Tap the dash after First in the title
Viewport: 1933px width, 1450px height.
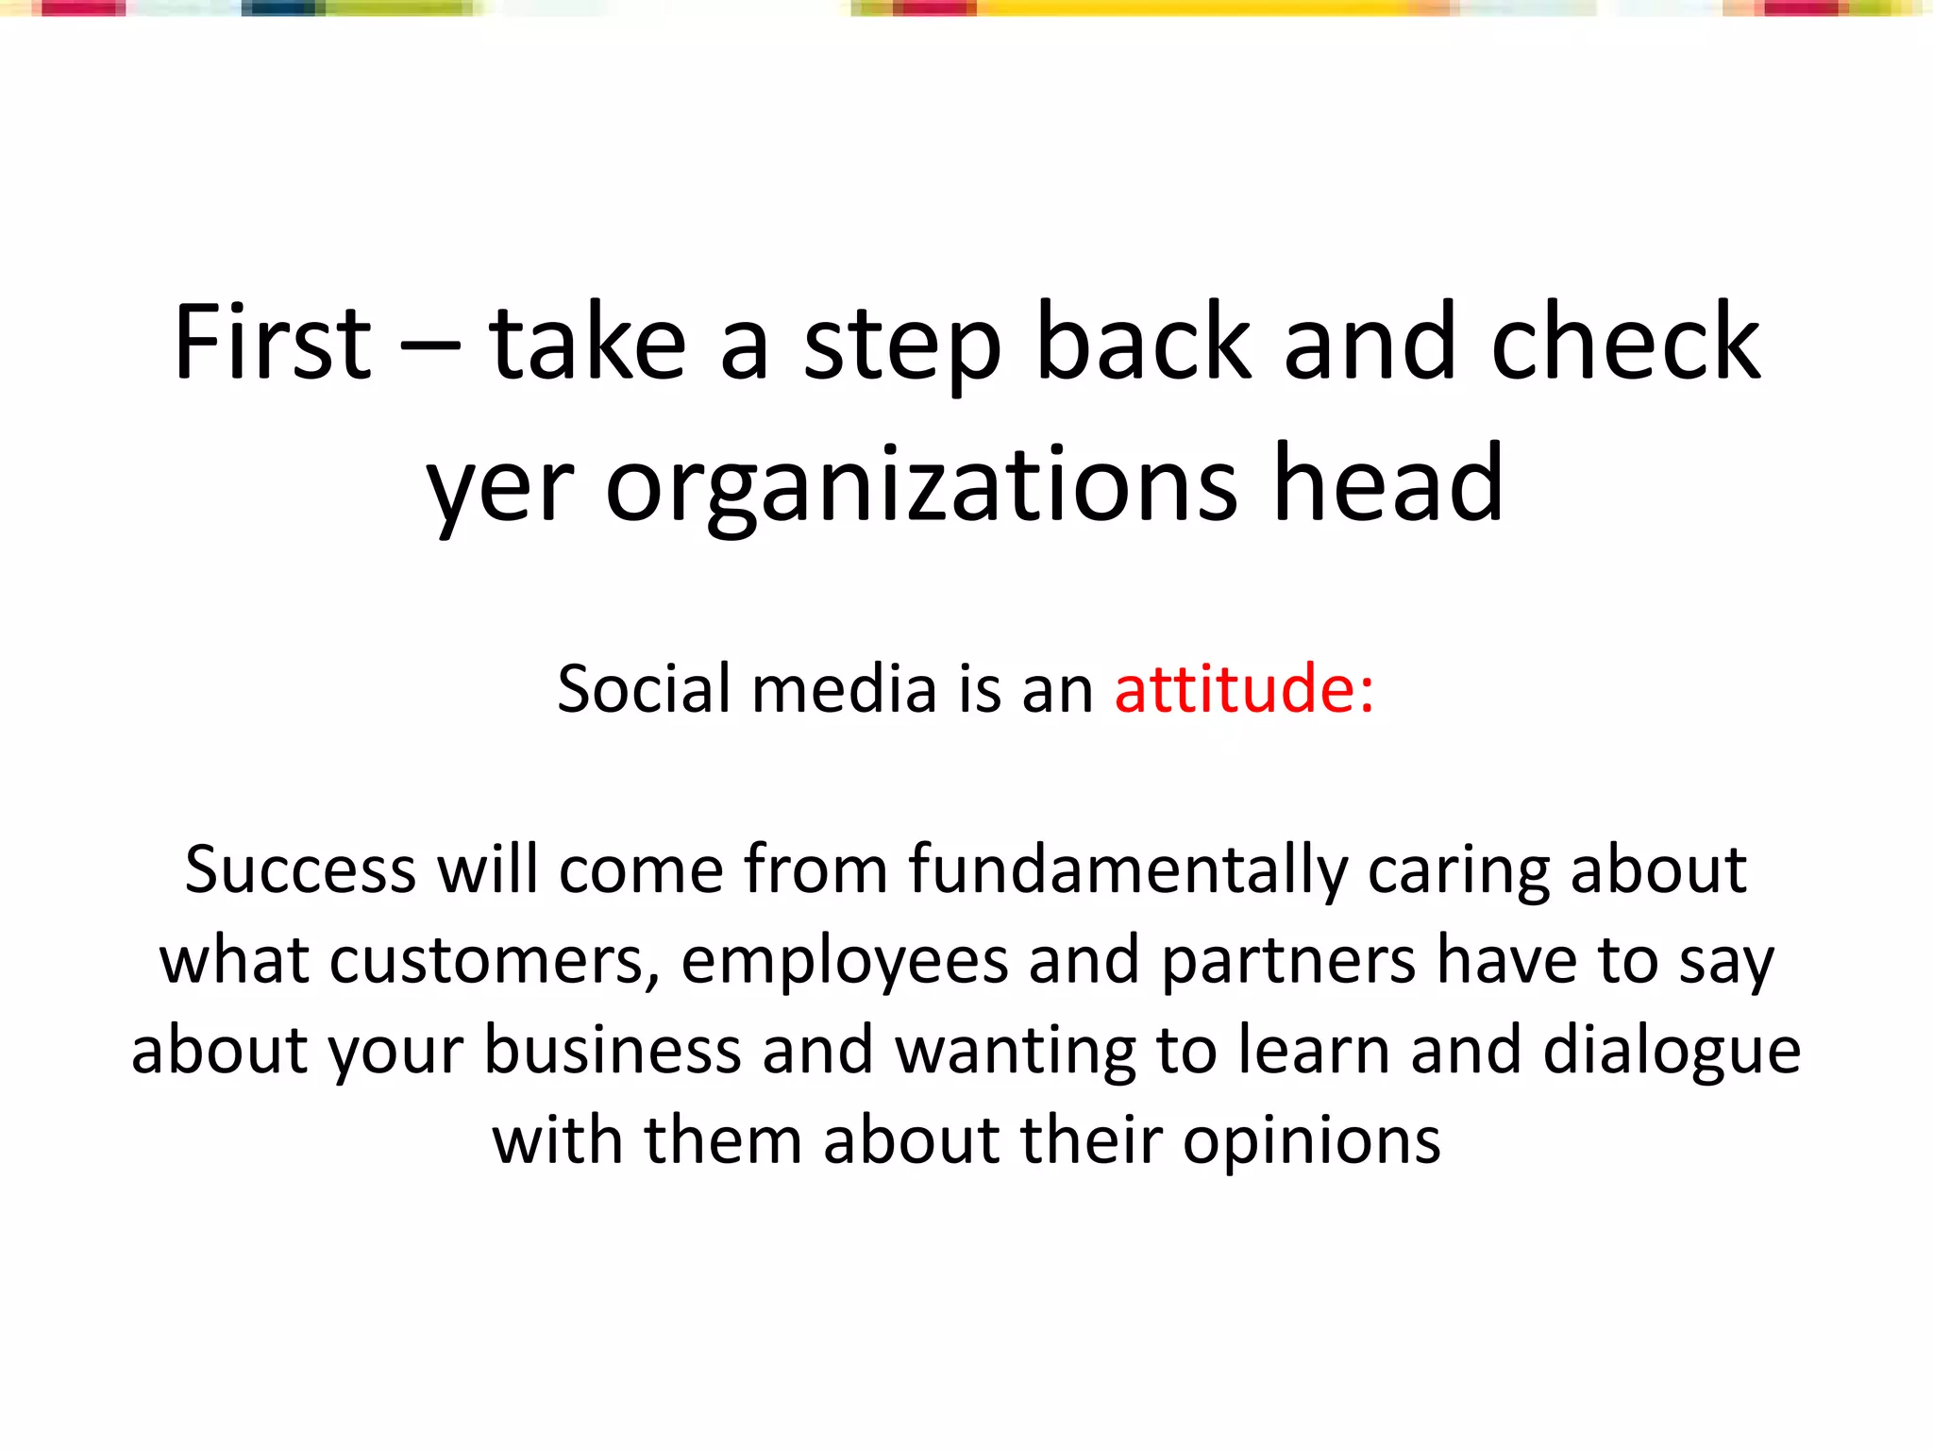pos(429,346)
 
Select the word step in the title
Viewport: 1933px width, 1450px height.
pos(901,346)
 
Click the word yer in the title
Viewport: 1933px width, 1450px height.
pos(499,487)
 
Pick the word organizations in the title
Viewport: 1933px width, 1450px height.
pos(920,487)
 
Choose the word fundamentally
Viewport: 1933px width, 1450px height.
pos(1128,870)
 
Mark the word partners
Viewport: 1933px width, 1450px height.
pos(1288,961)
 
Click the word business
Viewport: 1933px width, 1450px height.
pos(613,1050)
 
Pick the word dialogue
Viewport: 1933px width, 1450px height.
pos(1672,1052)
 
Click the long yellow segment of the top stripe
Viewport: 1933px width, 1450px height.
pos(1189,8)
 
